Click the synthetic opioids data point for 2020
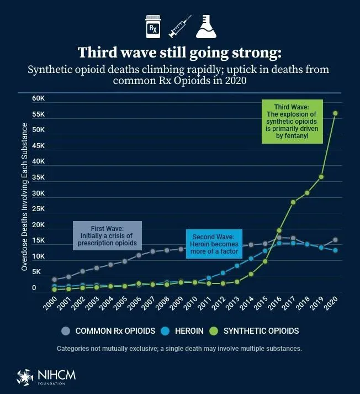click(x=335, y=113)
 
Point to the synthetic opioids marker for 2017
click(x=293, y=202)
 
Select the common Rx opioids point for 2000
click(x=54, y=280)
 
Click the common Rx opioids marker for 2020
click(x=335, y=240)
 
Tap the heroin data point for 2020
click(x=335, y=250)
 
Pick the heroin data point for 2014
click(x=251, y=259)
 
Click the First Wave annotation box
click(x=107, y=235)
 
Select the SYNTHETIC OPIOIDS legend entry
click(x=256, y=331)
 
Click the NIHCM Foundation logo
click(x=46, y=375)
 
